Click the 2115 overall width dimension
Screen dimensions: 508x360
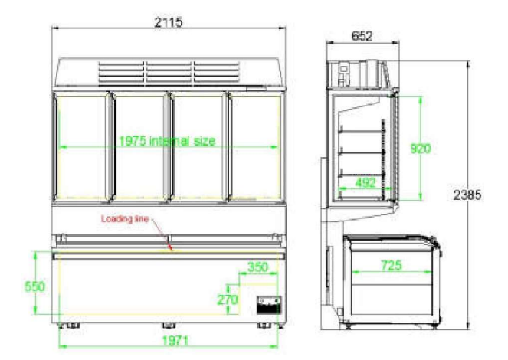(x=168, y=22)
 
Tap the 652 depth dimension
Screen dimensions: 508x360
(x=362, y=36)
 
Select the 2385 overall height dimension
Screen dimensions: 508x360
(x=467, y=195)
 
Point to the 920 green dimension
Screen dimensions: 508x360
(x=420, y=149)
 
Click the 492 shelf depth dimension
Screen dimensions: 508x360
(x=365, y=183)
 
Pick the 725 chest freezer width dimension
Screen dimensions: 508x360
(x=392, y=266)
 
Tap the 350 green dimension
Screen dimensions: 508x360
(x=258, y=267)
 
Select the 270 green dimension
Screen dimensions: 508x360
(x=228, y=299)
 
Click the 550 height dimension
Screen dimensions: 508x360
(x=35, y=286)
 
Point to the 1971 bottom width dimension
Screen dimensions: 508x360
(x=175, y=341)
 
